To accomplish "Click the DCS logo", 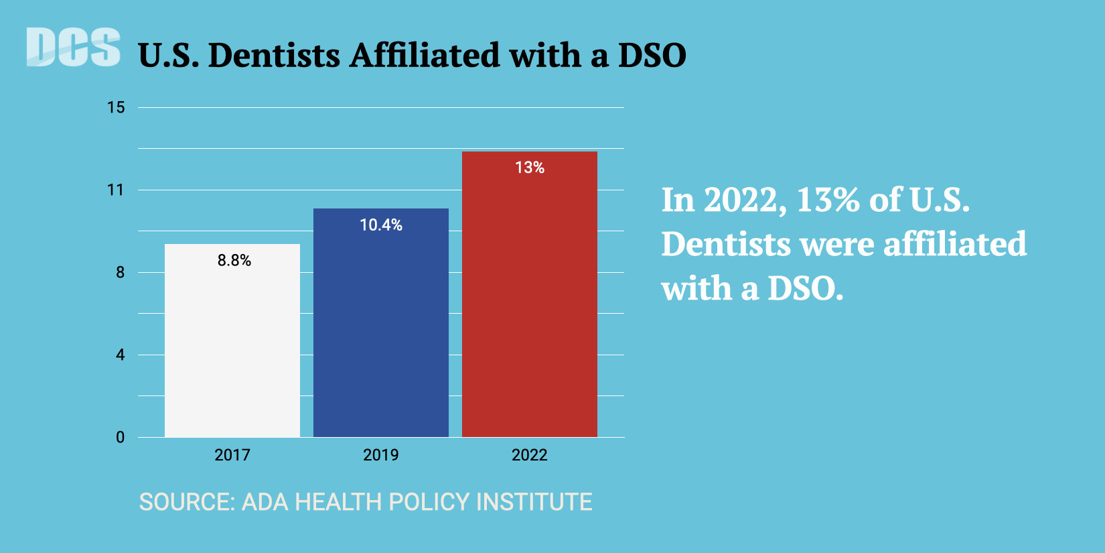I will tap(73, 48).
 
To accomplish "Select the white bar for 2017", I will tap(232, 349).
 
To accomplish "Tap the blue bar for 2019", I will tap(381, 335).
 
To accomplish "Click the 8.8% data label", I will tap(234, 260).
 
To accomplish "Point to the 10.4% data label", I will tap(381, 225).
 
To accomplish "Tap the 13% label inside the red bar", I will tap(530, 168).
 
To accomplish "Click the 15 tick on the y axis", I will tap(116, 107).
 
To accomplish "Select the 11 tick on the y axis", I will tap(116, 190).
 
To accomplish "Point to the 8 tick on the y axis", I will tap(120, 272).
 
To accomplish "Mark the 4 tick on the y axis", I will tap(120, 355).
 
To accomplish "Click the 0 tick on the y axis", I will tap(120, 437).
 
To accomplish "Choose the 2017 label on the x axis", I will tap(232, 455).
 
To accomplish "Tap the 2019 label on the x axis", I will tap(381, 455).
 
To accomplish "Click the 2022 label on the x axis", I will tap(530, 455).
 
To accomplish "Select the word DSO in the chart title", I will tap(652, 55).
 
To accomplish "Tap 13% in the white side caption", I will tap(828, 200).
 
